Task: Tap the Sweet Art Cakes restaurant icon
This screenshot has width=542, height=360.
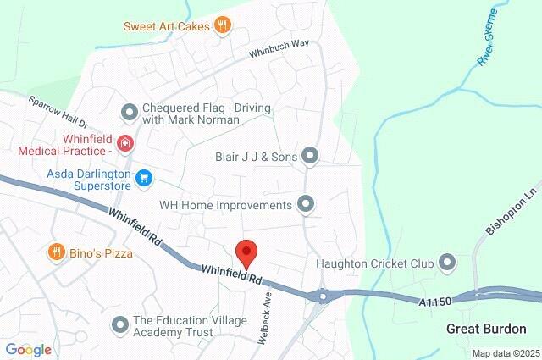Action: point(222,25)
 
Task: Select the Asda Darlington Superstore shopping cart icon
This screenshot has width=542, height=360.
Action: point(144,177)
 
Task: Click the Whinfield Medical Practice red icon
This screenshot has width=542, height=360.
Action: point(125,143)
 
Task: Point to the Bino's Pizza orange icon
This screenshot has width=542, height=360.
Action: point(56,252)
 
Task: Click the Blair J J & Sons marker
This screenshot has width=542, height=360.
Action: point(310,156)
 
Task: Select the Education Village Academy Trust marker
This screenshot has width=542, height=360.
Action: point(119,323)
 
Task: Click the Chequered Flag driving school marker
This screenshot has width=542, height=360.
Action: point(129,111)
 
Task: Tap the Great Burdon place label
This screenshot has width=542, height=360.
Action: point(486,329)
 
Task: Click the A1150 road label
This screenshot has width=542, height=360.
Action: point(434,301)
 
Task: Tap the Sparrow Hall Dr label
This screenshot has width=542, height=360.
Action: point(58,112)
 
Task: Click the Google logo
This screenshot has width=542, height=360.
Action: point(28,350)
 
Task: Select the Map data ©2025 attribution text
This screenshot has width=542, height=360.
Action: point(505,353)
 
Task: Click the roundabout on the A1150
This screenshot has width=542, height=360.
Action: point(323,296)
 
